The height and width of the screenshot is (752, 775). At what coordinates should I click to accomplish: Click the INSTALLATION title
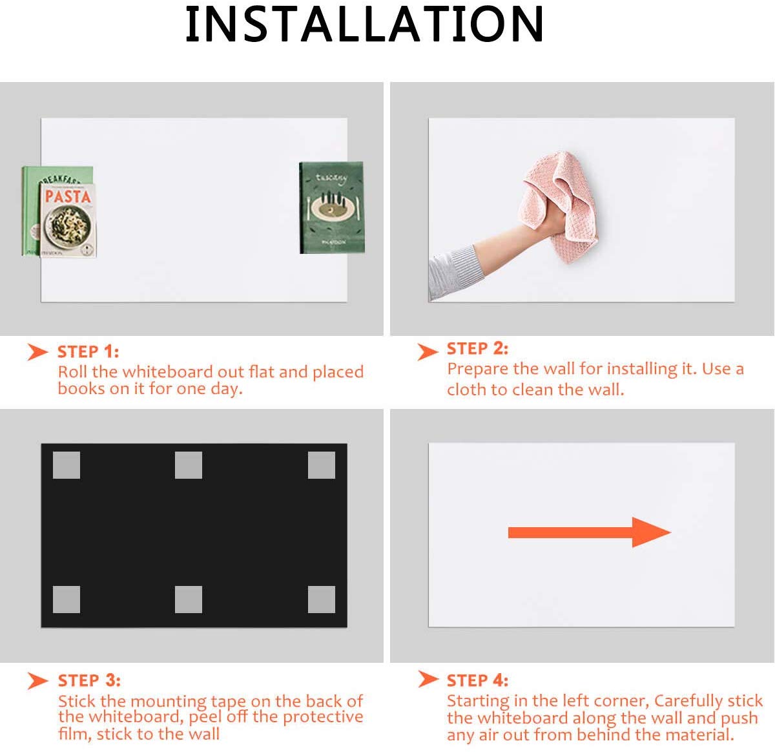[364, 24]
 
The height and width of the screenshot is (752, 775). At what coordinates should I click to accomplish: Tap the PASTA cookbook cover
[68, 220]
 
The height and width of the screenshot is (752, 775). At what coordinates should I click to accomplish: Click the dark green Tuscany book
[332, 207]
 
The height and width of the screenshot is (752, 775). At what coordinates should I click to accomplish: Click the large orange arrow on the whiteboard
[590, 532]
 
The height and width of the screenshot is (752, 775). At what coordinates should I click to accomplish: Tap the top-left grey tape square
[66, 465]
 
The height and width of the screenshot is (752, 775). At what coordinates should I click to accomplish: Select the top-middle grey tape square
[189, 465]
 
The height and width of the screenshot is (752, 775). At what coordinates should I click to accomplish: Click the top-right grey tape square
[322, 465]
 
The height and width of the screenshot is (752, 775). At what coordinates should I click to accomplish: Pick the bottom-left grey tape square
[66, 599]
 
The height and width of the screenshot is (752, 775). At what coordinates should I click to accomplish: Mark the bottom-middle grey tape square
[189, 599]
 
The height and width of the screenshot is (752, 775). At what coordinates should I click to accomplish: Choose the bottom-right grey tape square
[322, 599]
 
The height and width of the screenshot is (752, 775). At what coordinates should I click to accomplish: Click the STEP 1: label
[88, 351]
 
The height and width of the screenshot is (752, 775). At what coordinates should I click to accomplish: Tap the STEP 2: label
[477, 348]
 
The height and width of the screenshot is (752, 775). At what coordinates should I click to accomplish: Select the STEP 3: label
[89, 680]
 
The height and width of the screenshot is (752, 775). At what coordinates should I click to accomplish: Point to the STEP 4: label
[477, 680]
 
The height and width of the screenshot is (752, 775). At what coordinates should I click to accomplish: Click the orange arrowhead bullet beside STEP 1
[37, 351]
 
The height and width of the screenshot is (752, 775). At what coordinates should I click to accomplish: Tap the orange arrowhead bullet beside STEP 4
[428, 679]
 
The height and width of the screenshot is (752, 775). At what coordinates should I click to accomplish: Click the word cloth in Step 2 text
[466, 390]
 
